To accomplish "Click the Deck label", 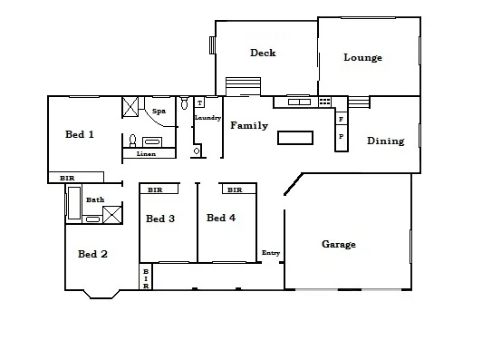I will (x=263, y=53).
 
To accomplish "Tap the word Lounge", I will (x=362, y=58).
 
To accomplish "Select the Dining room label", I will (x=385, y=141).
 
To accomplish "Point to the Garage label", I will (x=340, y=244).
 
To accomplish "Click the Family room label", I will (x=248, y=125).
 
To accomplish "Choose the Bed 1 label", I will (x=80, y=134).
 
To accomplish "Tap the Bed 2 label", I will (x=92, y=254).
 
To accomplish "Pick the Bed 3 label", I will (x=160, y=219).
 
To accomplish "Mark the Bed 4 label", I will (x=221, y=218).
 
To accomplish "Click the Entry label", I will (x=270, y=252).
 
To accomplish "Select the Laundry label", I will (x=207, y=118).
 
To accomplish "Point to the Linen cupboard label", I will (x=146, y=154).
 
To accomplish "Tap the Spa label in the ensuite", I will (x=159, y=111).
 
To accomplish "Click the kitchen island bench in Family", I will (x=294, y=138).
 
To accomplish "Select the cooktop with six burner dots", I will (x=324, y=102).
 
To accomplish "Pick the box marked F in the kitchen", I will (x=341, y=119).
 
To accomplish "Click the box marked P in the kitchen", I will (x=341, y=137).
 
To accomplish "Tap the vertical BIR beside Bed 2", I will (x=145, y=277).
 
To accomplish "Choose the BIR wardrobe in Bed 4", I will (x=235, y=190).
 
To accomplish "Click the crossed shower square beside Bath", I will (x=113, y=215).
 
